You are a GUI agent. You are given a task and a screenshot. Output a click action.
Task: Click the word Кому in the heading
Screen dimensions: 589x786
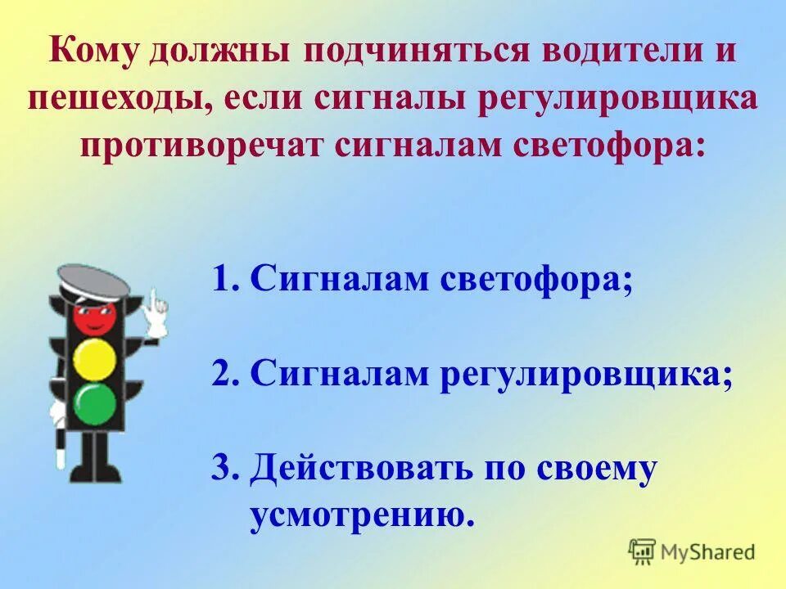96,53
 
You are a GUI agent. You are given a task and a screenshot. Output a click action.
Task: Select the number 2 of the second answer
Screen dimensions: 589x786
221,375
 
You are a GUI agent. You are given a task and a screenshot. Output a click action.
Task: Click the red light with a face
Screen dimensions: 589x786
94,316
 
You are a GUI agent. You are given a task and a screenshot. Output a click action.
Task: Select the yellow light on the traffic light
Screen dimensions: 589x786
94,359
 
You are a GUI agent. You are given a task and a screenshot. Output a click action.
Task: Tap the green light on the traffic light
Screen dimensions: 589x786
95,402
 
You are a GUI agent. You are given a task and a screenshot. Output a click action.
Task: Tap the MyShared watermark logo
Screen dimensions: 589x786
692,552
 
